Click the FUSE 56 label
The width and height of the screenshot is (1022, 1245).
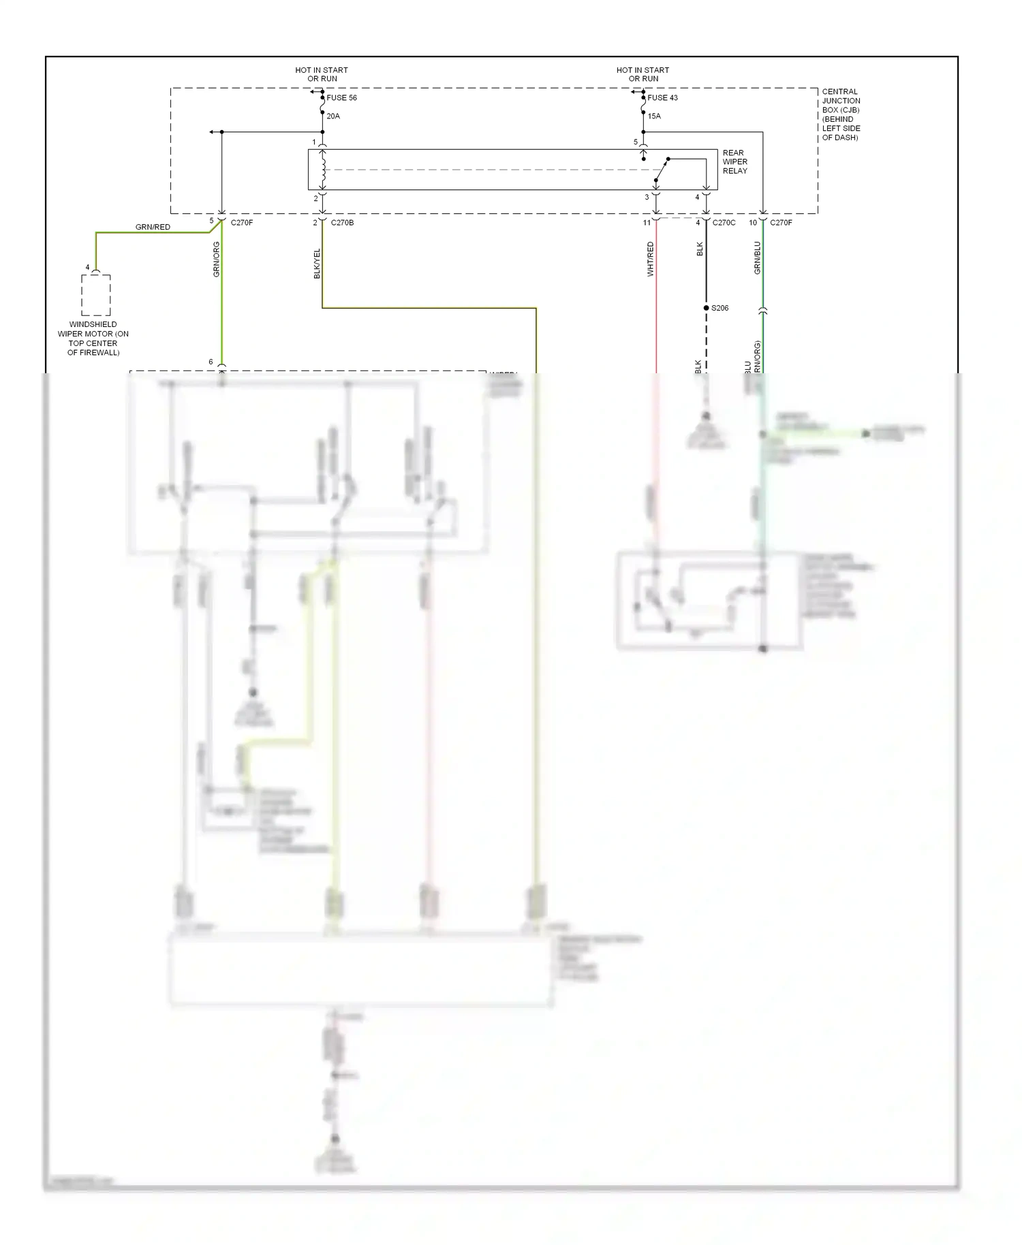tap(341, 98)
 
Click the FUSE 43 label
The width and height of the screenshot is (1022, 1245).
tap(662, 98)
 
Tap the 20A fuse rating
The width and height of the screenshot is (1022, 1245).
tap(333, 116)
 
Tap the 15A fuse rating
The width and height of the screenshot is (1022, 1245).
tap(654, 116)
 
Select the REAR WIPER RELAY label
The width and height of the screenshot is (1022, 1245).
tap(734, 162)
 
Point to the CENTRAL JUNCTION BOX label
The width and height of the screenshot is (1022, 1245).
tap(841, 114)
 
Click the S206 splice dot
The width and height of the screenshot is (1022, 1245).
tap(707, 308)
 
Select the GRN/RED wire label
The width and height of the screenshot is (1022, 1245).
tap(153, 227)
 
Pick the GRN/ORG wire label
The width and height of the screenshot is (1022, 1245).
tap(217, 259)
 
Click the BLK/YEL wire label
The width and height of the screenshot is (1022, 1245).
tap(317, 264)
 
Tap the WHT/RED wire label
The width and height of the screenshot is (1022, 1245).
tap(651, 259)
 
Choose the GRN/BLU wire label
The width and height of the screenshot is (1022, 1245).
tap(757, 258)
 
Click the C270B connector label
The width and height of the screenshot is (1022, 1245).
tap(342, 223)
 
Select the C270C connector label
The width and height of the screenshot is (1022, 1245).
tap(724, 223)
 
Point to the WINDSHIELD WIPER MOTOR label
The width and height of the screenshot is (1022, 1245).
tap(93, 338)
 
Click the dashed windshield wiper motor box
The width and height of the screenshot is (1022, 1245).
tap(96, 295)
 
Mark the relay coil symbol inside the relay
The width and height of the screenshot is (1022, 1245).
tap(323, 170)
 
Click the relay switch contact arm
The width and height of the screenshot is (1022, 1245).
tap(662, 169)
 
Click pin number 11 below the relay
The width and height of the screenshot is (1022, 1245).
tap(647, 223)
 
